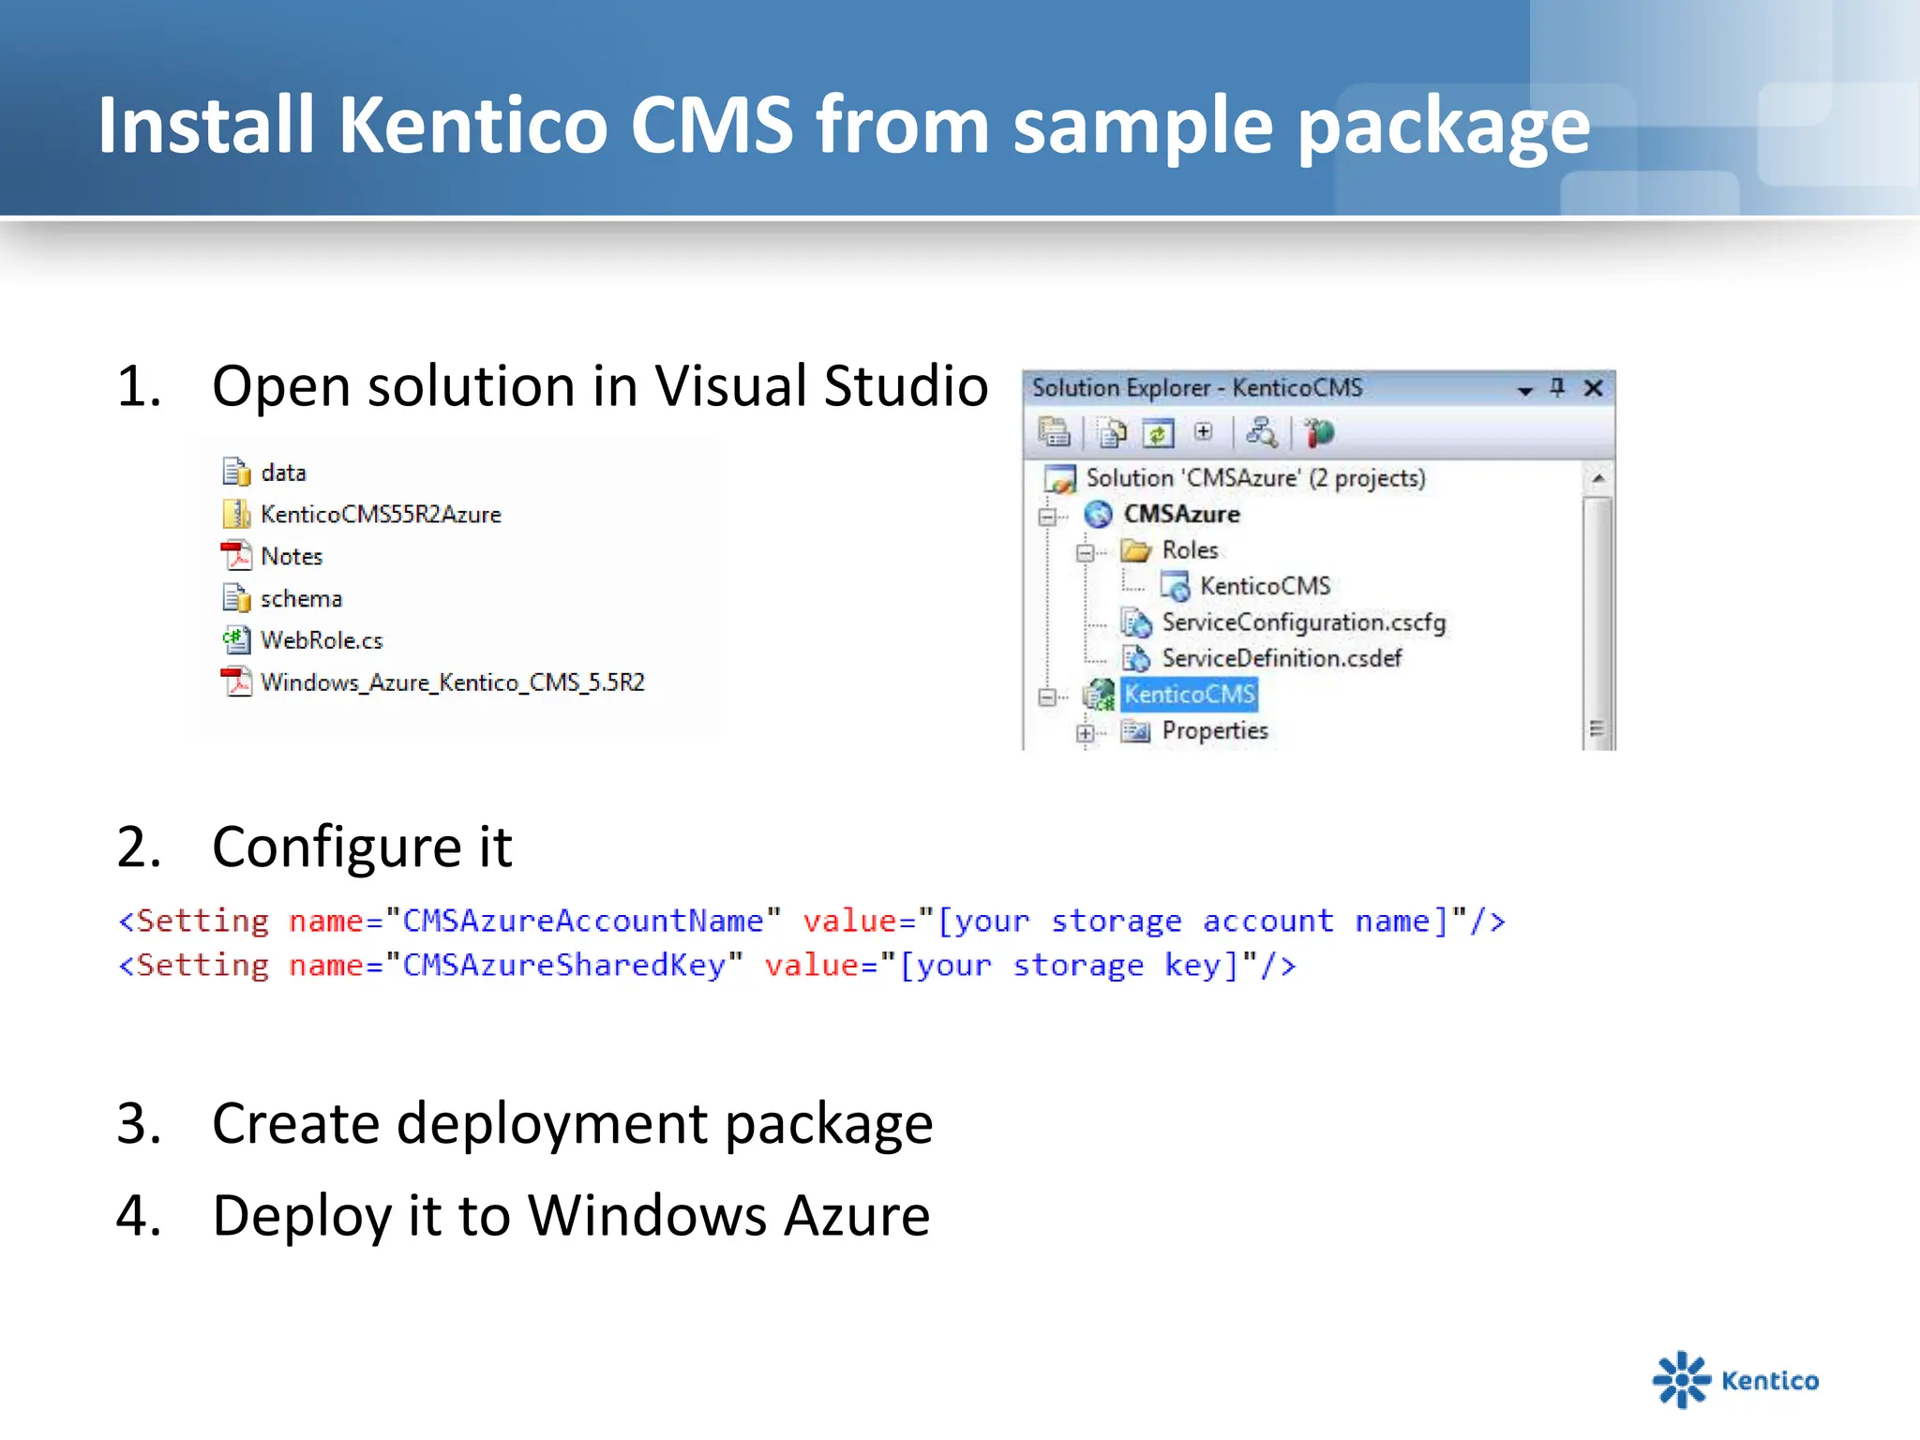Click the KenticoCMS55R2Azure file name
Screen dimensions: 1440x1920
[x=381, y=514]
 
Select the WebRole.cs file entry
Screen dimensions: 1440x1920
[x=322, y=640]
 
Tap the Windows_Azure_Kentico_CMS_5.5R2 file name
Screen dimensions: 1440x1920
[x=453, y=682]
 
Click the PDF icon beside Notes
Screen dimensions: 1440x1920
[x=236, y=556]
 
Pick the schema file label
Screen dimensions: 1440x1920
[x=301, y=598]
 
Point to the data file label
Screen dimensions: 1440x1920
[x=283, y=472]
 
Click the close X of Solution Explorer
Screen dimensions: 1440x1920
[x=1593, y=388]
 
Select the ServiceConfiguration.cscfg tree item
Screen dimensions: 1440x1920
[x=1303, y=622]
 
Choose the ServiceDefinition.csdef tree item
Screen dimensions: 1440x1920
[x=1282, y=658]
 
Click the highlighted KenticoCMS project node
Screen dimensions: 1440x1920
[x=1189, y=695]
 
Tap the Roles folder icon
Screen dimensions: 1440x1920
[x=1136, y=550]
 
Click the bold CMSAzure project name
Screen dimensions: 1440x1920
[x=1181, y=514]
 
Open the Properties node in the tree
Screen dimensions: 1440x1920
[x=1215, y=730]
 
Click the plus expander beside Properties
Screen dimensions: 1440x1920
[x=1085, y=733]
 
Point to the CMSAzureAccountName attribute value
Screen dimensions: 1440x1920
[x=582, y=921]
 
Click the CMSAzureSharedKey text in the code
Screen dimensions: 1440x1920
[x=563, y=965]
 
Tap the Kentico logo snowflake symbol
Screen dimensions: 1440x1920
[x=1681, y=1379]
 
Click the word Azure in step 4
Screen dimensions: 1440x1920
[x=856, y=1215]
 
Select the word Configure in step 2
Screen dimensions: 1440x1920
[x=337, y=847]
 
